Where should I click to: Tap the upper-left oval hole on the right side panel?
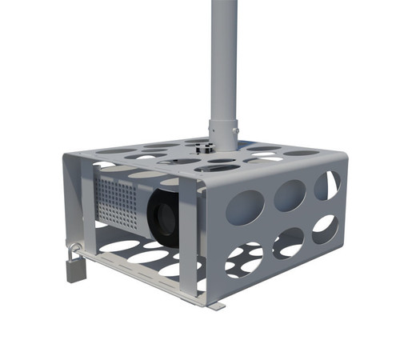[244, 207]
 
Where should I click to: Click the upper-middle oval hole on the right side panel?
[289, 195]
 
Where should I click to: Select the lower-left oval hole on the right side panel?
[243, 260]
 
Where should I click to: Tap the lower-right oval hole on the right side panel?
[325, 229]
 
